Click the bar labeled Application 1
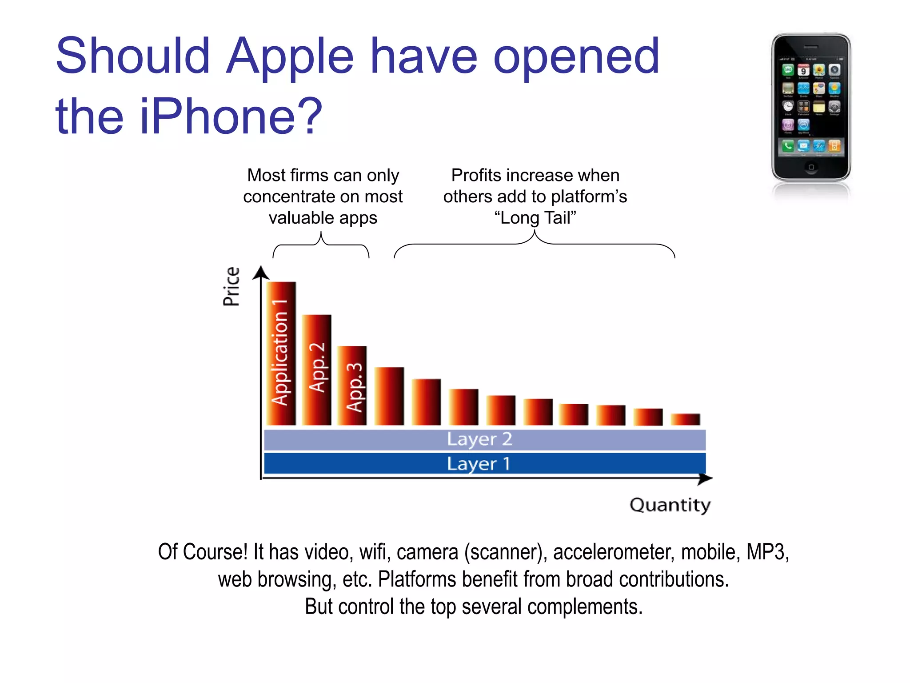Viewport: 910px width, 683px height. pos(281,354)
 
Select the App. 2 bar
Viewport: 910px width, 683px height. pos(316,370)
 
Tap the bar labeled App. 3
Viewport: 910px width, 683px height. pos(352,386)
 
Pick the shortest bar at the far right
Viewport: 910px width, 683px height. pos(685,419)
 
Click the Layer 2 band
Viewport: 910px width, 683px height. pos(484,440)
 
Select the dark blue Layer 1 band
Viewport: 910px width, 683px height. pos(484,463)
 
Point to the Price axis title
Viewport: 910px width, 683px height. pos(231,287)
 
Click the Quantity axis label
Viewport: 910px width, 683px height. pos(670,505)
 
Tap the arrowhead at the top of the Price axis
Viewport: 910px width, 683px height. pos(261,272)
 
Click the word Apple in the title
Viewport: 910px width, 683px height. pos(290,56)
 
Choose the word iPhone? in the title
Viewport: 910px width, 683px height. pos(231,117)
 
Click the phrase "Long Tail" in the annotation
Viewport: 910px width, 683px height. pos(535,218)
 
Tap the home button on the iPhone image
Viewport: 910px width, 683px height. pos(811,167)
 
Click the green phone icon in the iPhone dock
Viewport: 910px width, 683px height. pos(788,145)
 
